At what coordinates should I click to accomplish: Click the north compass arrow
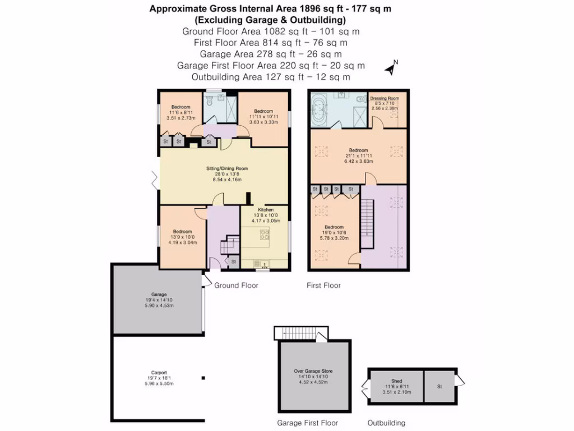(391, 68)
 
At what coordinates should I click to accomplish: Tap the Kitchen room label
(265, 209)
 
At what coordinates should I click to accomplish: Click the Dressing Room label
(385, 98)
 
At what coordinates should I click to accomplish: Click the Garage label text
(159, 294)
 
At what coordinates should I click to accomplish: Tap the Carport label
(159, 372)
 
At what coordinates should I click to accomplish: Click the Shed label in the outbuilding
(396, 381)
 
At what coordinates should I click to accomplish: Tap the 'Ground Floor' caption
(236, 286)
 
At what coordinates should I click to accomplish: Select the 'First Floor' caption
(323, 286)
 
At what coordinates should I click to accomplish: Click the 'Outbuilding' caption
(386, 423)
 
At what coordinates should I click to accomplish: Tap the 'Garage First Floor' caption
(308, 423)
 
